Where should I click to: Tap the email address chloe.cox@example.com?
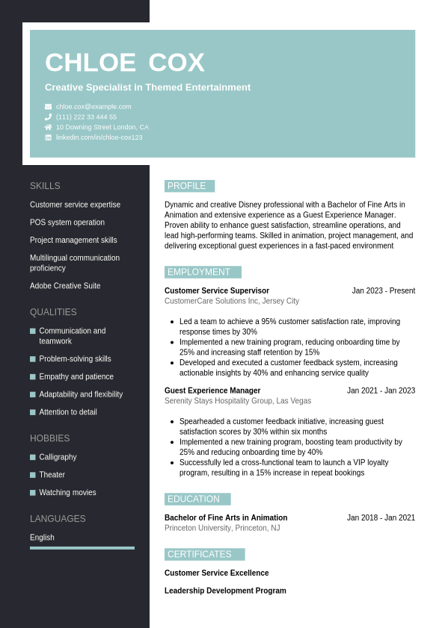point(93,107)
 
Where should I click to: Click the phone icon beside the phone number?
point(48,117)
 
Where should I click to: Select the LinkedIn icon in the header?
point(48,137)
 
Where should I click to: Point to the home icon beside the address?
point(48,127)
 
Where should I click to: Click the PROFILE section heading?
point(187,186)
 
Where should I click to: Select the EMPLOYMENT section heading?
point(199,272)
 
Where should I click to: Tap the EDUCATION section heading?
point(194,499)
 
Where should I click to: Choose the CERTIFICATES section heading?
point(200,554)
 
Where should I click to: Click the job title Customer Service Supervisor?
point(217,290)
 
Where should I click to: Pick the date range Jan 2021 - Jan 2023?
point(381,391)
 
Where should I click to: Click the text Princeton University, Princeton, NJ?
point(222,528)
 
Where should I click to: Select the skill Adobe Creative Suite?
point(65,286)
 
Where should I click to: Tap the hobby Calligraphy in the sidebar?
point(58,457)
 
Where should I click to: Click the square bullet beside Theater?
point(33,475)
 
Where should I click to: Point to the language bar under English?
point(82,548)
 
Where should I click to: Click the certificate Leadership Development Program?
point(225,591)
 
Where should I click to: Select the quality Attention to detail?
point(68,412)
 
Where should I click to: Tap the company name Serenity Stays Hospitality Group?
point(219,401)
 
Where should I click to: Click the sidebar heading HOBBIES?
point(49,438)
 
